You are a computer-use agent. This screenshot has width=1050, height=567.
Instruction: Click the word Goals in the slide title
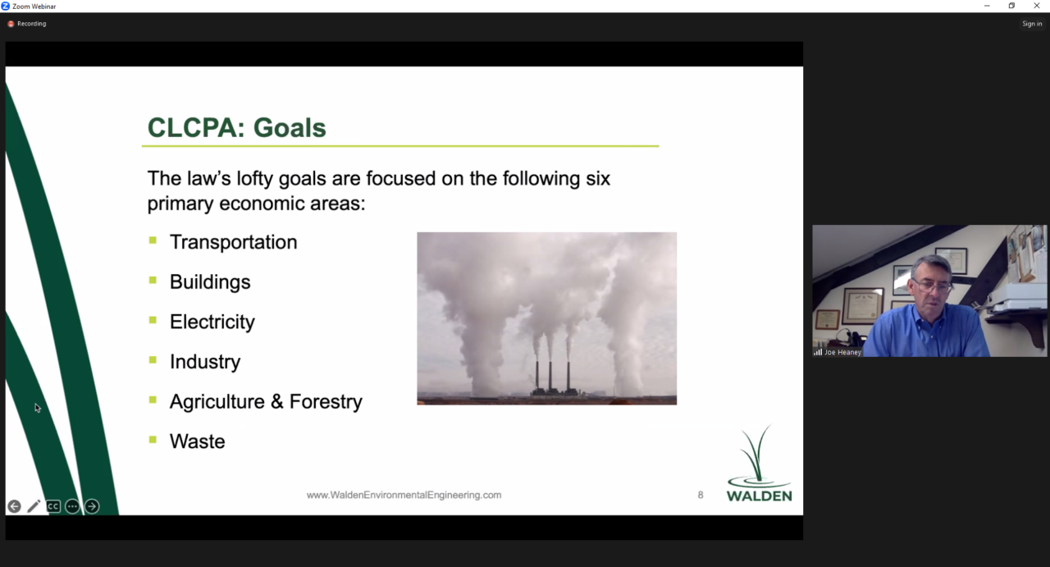[x=290, y=127]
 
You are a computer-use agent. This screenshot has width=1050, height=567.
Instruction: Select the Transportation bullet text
[x=234, y=242]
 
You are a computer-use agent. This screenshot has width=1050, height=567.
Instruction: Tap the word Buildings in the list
[x=210, y=281]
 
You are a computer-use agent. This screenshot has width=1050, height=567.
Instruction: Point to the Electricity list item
[x=212, y=322]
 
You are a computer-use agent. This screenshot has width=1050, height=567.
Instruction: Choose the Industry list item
[x=205, y=362]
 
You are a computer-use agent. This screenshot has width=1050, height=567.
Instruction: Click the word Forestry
[x=326, y=401]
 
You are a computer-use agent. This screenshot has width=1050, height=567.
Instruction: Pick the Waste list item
[x=198, y=441]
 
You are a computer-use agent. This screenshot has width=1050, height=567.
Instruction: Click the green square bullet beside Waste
[x=153, y=440]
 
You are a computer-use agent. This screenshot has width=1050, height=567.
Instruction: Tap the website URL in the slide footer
[x=404, y=495]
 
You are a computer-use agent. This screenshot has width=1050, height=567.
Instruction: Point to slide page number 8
[x=701, y=495]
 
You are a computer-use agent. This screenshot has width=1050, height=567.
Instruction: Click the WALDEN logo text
[x=760, y=496]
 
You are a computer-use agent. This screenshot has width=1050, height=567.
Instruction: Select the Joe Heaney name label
[x=842, y=352]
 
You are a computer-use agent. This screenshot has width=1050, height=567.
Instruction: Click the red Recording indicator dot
[x=11, y=24]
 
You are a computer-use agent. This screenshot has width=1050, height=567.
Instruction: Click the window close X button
[x=1036, y=6]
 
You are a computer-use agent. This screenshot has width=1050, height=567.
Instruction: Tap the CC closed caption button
[x=53, y=506]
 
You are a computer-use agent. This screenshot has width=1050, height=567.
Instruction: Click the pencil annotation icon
[x=34, y=506]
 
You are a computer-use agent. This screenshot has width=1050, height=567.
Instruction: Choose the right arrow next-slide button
[x=92, y=506]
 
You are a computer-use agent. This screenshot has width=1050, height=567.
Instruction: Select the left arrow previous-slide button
[x=14, y=506]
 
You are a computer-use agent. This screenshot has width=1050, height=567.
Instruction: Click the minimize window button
[x=987, y=6]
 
